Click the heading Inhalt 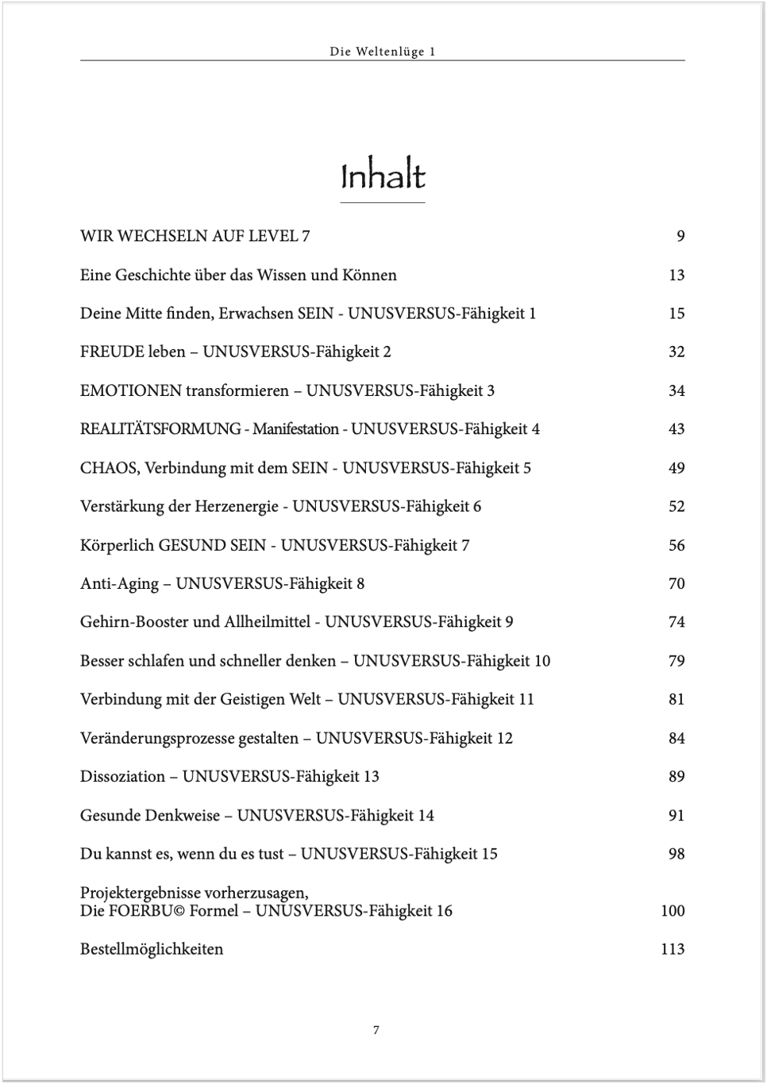click(383, 176)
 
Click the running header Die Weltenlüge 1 click(383, 52)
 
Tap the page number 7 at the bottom click(376, 1030)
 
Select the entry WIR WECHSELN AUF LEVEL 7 click(195, 236)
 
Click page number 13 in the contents click(676, 275)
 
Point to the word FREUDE click(112, 352)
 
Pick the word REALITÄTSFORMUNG click(160, 429)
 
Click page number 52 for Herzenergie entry click(676, 506)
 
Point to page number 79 click(676, 661)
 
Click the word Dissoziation click(122, 777)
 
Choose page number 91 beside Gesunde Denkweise click(676, 815)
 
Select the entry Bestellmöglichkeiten click(152, 949)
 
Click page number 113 click(672, 949)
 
